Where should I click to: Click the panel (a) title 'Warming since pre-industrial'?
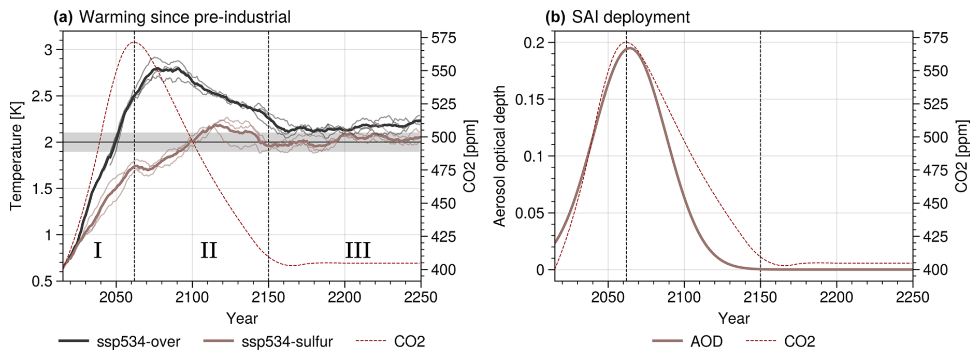185,17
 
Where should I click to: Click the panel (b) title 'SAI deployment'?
630,17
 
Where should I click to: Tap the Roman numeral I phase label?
97,251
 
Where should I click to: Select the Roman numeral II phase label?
209,251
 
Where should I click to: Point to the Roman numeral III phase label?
358,251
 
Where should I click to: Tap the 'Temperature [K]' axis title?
16,156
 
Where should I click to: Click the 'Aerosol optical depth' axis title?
499,156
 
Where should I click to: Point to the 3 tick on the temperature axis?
48,50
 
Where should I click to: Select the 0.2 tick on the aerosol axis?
535,42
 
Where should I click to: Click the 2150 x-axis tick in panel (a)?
268,297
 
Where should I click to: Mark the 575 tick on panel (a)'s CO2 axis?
443,38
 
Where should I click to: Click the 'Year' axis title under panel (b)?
733,318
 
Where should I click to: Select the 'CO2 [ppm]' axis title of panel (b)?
961,156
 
